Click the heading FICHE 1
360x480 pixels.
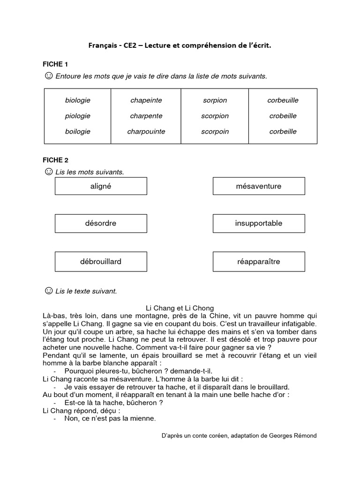tap(55, 64)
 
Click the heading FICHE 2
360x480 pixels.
tap(55, 160)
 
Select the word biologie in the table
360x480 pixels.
tap(78, 100)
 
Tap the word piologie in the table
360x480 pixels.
tap(78, 116)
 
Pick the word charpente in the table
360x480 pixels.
tap(146, 116)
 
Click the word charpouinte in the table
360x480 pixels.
tap(146, 132)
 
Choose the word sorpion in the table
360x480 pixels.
tap(215, 100)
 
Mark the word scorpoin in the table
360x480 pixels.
tap(215, 132)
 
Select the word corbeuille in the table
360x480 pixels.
tap(283, 100)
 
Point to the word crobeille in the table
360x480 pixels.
tap(283, 116)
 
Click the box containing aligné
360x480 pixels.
tap(101, 186)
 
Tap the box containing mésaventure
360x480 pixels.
tap(259, 186)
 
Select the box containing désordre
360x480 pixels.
tap(101, 224)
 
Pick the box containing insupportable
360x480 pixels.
tap(259, 224)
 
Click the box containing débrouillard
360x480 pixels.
tap(101, 262)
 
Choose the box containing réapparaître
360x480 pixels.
tap(259, 262)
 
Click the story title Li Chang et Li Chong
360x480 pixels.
tap(180, 308)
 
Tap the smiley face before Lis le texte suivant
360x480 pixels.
tap(48, 291)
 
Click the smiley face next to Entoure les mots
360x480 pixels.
tap(48, 75)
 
